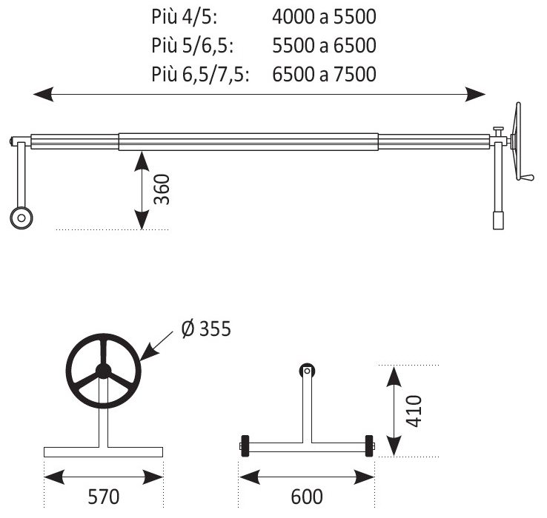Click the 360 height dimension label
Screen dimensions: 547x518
click(x=162, y=189)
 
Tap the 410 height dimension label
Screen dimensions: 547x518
click(x=414, y=411)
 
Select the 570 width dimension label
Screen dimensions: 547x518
click(x=103, y=497)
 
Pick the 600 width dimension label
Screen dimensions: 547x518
click(x=307, y=497)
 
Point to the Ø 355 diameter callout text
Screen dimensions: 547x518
click(x=206, y=328)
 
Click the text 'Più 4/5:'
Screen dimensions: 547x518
click(x=185, y=17)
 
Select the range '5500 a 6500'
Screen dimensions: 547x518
click(x=324, y=45)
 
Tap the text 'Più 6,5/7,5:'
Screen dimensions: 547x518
click(x=200, y=74)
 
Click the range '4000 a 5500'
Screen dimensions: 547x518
click(x=324, y=17)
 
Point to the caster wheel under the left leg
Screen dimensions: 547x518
click(x=21, y=218)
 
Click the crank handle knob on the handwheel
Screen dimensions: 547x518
click(x=526, y=178)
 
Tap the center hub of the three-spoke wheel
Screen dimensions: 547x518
click(x=103, y=371)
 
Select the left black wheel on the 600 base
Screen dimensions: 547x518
click(x=245, y=446)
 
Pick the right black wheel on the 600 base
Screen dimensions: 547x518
click(x=368, y=446)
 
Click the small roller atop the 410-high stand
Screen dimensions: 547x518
click(x=307, y=371)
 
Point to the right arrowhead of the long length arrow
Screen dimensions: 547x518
click(x=475, y=94)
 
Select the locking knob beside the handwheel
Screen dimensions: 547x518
click(x=498, y=132)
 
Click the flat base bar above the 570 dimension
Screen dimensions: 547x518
click(x=103, y=452)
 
